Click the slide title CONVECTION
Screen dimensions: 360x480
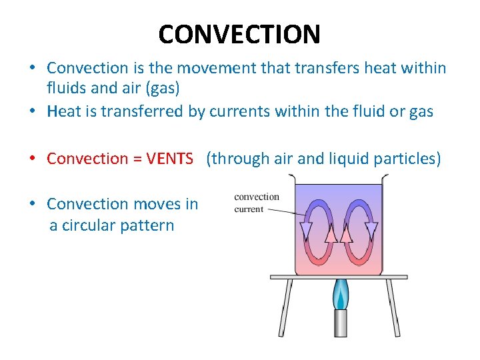tap(239, 33)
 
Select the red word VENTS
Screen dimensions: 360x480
tap(169, 159)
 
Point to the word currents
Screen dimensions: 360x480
tap(237, 111)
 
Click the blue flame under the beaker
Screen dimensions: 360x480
tap(341, 295)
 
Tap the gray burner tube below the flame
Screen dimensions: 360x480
tap(341, 323)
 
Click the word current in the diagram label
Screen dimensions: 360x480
tap(249, 209)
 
